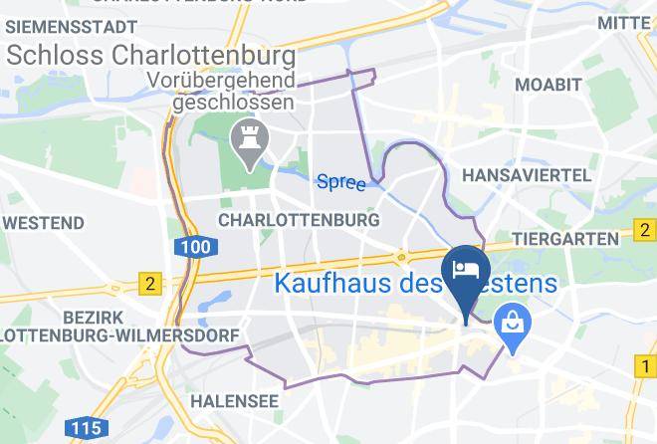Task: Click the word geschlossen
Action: pos(233,102)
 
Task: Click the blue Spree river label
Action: pos(340,182)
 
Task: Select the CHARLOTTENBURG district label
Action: pos(298,218)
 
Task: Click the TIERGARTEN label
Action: pos(565,240)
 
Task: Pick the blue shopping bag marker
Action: pos(514,325)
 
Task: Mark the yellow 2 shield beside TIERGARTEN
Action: pos(646,235)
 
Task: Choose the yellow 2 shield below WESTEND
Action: pos(150,284)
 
